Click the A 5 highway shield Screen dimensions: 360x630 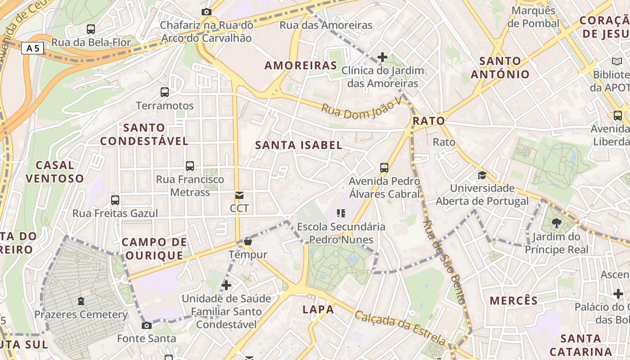pyautogui.click(x=33, y=48)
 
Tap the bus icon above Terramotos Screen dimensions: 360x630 pyautogui.click(x=165, y=92)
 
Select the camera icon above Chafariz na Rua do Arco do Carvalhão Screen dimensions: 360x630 pyautogui.click(x=207, y=12)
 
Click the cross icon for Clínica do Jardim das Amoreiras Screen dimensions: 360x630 pyautogui.click(x=382, y=57)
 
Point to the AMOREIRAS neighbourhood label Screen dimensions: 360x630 pyautogui.click(x=301, y=66)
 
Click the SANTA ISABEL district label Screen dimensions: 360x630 pyautogui.click(x=299, y=145)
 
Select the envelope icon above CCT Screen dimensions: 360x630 pyautogui.click(x=239, y=195)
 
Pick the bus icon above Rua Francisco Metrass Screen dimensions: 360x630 pyautogui.click(x=190, y=166)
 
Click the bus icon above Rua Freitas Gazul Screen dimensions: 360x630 pyautogui.click(x=115, y=200)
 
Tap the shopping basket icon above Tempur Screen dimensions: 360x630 pyautogui.click(x=247, y=242)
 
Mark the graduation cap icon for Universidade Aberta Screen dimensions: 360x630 pyautogui.click(x=482, y=175)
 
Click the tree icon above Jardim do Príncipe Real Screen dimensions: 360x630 pyautogui.click(x=557, y=223)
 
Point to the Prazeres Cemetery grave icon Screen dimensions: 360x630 pyautogui.click(x=81, y=301)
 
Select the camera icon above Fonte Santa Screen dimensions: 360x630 pyautogui.click(x=147, y=325)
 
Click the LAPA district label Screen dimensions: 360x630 pyautogui.click(x=318, y=310)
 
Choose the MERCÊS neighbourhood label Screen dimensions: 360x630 pyautogui.click(x=513, y=301)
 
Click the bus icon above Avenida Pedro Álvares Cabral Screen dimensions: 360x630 pyautogui.click(x=384, y=168)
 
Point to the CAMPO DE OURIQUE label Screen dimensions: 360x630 pyautogui.click(x=154, y=249)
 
